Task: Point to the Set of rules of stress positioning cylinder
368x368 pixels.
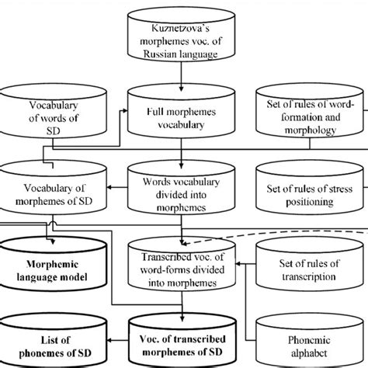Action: click(311, 190)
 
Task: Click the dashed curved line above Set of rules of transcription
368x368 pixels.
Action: click(311, 221)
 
